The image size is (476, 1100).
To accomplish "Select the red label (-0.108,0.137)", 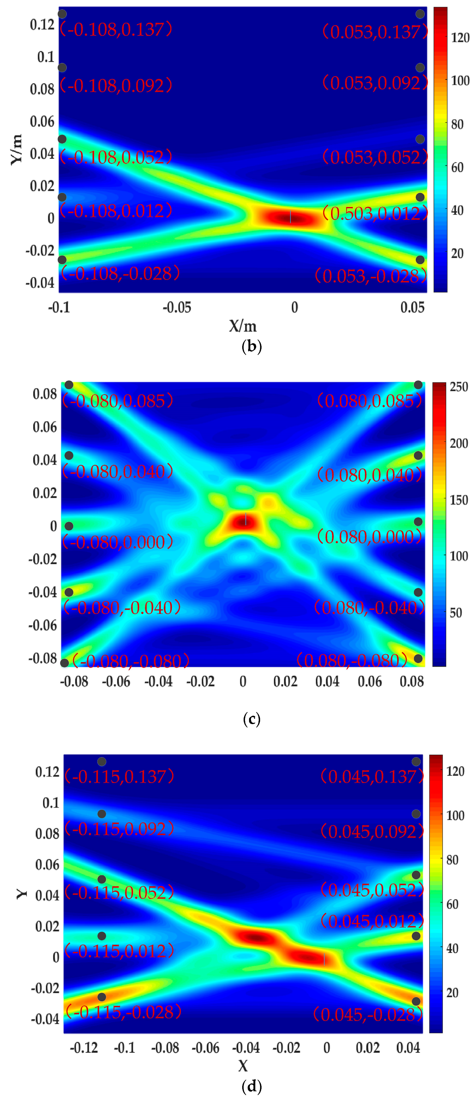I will click(x=116, y=30).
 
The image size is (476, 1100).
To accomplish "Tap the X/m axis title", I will click(x=243, y=326).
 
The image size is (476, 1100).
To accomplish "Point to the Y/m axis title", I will click(x=16, y=149).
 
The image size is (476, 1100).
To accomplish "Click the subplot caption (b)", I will click(x=252, y=346).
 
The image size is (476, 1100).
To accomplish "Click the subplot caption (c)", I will click(x=252, y=719).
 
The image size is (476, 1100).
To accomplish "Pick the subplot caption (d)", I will click(x=252, y=1086).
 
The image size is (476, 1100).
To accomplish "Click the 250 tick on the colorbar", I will click(x=459, y=387).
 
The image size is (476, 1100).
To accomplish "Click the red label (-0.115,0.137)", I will click(x=119, y=777).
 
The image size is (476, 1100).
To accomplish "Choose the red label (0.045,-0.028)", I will click(x=368, y=1015).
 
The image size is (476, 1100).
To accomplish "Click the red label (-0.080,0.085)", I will click(x=118, y=401).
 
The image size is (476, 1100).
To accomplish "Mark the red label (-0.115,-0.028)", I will click(x=123, y=1012).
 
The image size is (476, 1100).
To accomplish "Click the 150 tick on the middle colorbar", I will click(x=459, y=500).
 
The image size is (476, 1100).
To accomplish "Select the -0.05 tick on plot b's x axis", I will click(x=176, y=307).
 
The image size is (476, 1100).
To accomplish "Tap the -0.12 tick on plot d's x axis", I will click(x=84, y=1047).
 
